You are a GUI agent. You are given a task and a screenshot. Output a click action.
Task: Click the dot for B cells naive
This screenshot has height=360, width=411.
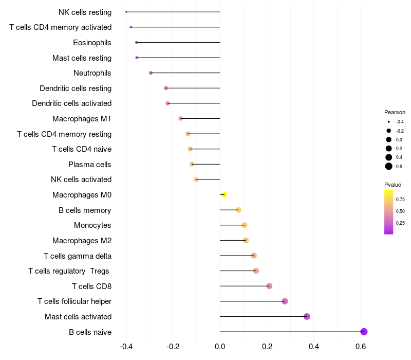364,332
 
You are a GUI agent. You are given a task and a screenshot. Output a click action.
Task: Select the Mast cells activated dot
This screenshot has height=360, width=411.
307,316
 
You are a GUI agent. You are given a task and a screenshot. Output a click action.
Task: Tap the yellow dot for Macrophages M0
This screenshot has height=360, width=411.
224,195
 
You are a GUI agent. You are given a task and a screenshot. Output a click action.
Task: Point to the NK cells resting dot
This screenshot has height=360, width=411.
126,12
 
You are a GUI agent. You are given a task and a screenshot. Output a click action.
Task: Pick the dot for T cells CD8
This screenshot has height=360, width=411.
269,286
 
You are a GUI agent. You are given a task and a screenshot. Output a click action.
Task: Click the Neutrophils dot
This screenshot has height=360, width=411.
151,73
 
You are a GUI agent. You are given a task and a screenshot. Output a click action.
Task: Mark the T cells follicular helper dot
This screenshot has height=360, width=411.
285,301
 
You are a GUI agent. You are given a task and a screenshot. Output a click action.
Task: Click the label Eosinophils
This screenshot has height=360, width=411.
92,43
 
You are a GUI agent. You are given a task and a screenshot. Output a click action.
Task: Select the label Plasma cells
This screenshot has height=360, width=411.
90,165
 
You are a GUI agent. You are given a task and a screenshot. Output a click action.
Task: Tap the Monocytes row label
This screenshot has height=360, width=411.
92,225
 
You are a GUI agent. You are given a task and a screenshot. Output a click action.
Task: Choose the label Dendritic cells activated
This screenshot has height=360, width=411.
72,103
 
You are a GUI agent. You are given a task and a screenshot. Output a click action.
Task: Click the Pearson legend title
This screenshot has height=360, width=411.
395,112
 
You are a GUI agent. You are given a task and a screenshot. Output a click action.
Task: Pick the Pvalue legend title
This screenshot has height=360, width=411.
393,185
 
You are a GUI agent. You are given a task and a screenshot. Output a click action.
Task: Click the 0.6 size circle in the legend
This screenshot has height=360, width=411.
389,166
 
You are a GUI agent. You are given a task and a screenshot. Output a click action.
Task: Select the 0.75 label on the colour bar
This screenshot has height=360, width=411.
400,200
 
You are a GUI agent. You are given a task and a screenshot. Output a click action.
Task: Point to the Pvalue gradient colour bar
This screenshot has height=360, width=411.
389,212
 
